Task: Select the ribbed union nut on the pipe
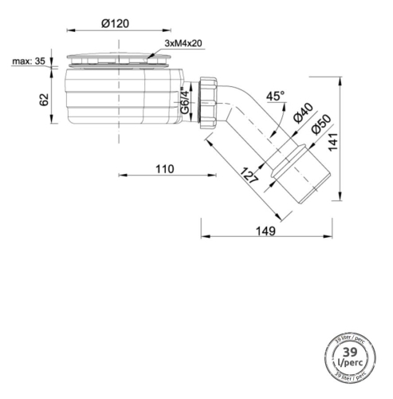coord(210,102)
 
